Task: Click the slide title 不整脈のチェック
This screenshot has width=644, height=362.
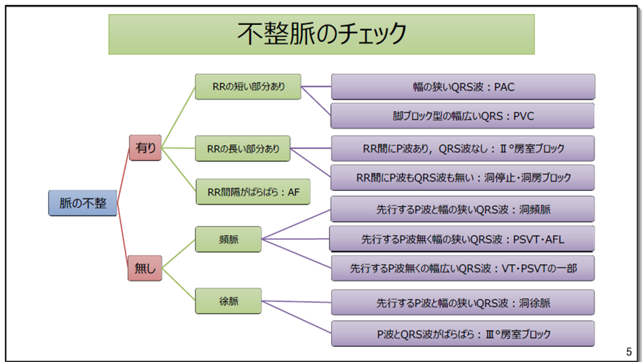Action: click(321, 34)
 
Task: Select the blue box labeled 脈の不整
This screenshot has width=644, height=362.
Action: click(83, 203)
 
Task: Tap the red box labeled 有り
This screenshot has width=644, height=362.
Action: click(145, 148)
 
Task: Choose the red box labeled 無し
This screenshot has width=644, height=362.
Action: click(145, 268)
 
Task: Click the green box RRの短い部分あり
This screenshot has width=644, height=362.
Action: click(248, 86)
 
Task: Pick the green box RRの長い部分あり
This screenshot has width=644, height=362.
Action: click(243, 148)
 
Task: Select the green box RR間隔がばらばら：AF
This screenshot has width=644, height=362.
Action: click(253, 192)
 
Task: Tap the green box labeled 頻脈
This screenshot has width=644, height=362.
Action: click(228, 239)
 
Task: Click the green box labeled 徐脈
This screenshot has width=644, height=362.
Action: click(228, 301)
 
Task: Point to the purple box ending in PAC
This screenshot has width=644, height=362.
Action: click(463, 87)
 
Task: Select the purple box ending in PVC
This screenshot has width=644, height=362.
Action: click(463, 116)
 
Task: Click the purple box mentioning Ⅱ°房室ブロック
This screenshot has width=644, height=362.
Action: click(463, 148)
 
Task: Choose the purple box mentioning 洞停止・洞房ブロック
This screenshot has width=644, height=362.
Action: click(463, 177)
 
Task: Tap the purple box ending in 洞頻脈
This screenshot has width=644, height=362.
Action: click(463, 209)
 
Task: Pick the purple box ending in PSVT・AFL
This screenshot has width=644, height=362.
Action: click(462, 239)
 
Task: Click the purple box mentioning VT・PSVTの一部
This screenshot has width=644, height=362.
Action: click(463, 268)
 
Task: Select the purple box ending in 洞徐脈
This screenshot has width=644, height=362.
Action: click(463, 303)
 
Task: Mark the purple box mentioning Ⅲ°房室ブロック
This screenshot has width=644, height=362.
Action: click(463, 333)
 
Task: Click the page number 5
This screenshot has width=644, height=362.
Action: click(628, 351)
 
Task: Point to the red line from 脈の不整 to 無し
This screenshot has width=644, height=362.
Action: click(123, 236)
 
